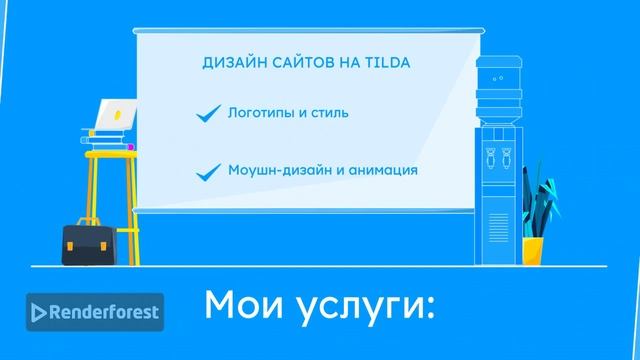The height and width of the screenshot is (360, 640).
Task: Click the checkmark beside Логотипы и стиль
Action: [x=208, y=116]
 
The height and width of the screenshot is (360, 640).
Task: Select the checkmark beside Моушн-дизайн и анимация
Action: [x=208, y=171]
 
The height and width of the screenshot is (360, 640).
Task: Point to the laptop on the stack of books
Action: [x=109, y=115]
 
